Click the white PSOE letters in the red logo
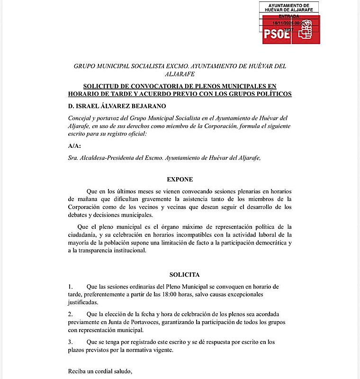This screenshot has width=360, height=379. (x=277, y=33)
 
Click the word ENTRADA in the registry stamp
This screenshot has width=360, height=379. (x=289, y=16)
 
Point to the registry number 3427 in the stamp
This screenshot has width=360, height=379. (x=288, y=29)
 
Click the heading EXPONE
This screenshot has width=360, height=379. (x=180, y=180)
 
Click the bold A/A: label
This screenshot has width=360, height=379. (x=74, y=146)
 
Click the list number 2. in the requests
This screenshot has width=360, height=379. (x=71, y=314)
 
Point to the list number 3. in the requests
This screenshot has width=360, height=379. (x=71, y=342)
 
